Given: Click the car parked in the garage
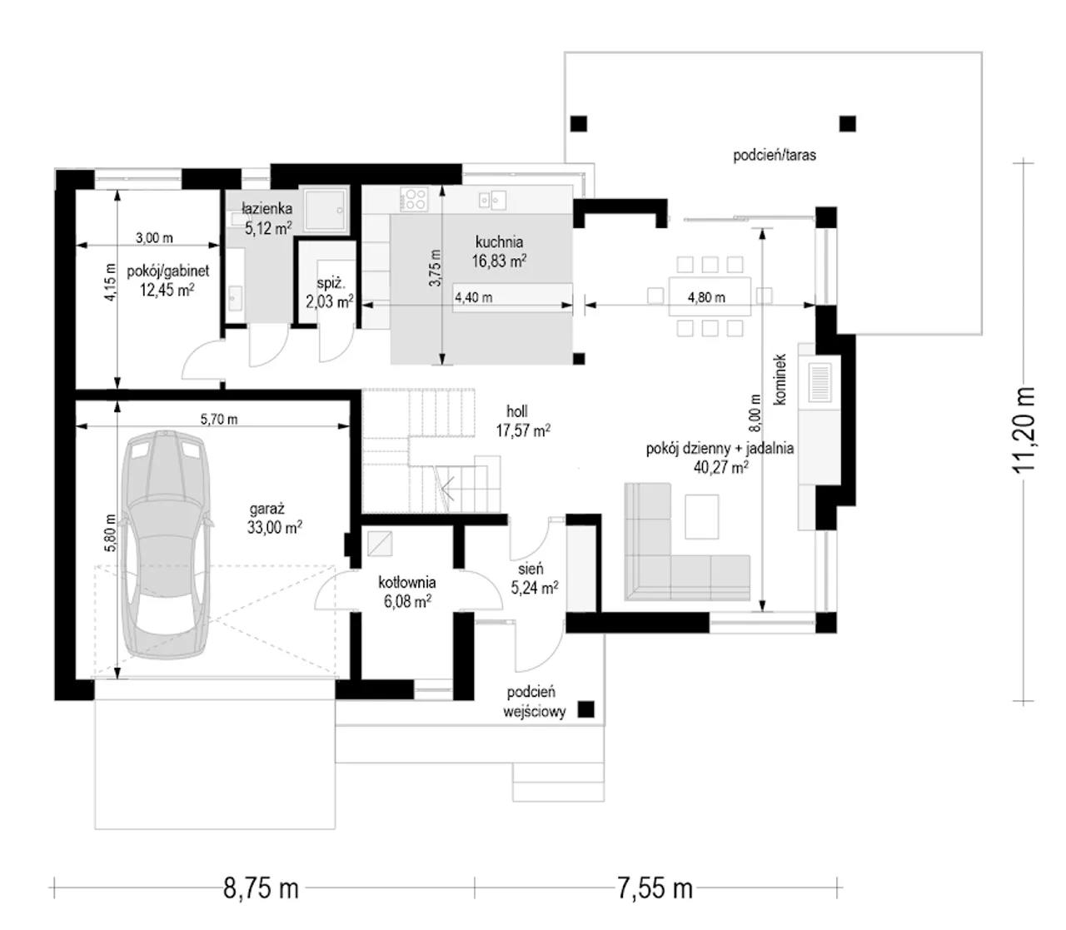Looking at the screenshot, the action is pyautogui.click(x=167, y=545).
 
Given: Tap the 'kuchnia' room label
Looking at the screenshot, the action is pyautogui.click(x=499, y=241).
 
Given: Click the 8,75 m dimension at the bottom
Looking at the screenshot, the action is pyautogui.click(x=261, y=888).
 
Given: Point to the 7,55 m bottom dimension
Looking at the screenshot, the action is pyautogui.click(x=655, y=888).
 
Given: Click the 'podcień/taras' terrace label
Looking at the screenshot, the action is pyautogui.click(x=775, y=155).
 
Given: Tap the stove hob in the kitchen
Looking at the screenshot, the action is pyautogui.click(x=414, y=199).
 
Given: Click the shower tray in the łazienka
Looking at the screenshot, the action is pyautogui.click(x=325, y=209).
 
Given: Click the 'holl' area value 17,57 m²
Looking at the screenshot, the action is pyautogui.click(x=522, y=430).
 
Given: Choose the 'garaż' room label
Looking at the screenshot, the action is pyautogui.click(x=266, y=508).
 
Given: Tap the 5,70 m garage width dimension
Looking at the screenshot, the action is pyautogui.click(x=219, y=419).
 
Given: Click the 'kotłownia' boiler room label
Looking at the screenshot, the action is pyautogui.click(x=407, y=582).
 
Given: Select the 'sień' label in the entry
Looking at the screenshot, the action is pyautogui.click(x=530, y=568).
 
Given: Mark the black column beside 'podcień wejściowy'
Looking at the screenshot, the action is pyautogui.click(x=585, y=709).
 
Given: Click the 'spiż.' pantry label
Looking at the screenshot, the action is pyautogui.click(x=331, y=284).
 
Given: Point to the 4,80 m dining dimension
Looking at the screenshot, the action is pyautogui.click(x=706, y=297).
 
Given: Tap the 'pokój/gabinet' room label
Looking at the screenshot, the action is pyautogui.click(x=167, y=271).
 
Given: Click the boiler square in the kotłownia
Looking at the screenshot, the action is pyautogui.click(x=380, y=544).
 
